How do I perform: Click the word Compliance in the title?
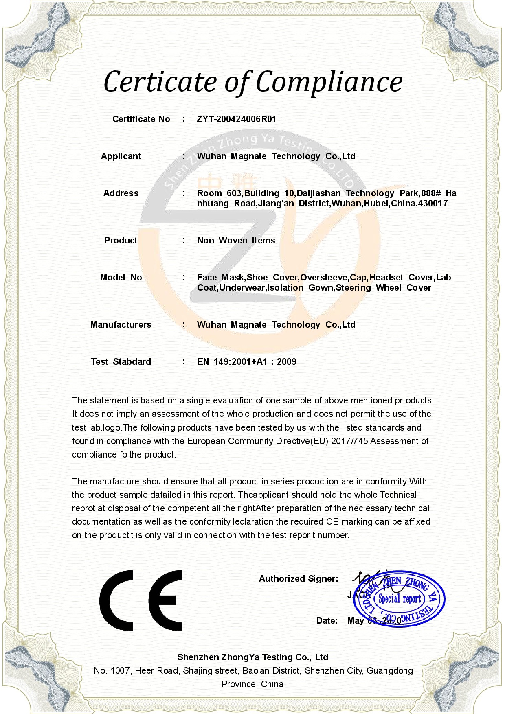[329, 82]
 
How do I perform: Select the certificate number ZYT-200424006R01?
[236, 119]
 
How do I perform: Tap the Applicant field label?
[121, 156]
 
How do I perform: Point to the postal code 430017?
[433, 204]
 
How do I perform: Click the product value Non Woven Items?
[236, 241]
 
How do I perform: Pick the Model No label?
[121, 278]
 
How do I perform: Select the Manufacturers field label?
[121, 325]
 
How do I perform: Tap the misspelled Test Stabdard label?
[121, 362]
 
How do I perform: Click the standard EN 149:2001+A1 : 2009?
[247, 362]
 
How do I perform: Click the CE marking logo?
[141, 601]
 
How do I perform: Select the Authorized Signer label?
[299, 579]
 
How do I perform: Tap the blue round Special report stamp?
[400, 598]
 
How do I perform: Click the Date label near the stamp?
[327, 621]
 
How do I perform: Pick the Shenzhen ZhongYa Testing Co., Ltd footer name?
[253, 657]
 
